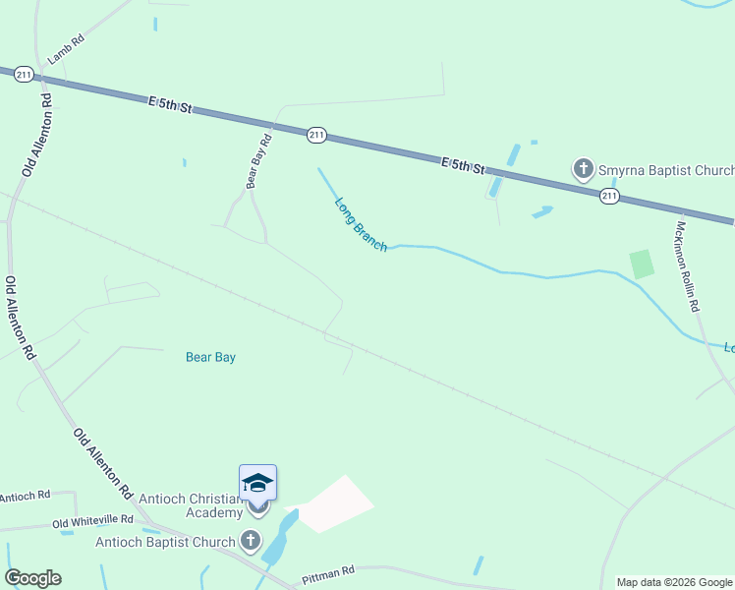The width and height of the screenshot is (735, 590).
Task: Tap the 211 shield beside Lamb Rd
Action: (25, 74)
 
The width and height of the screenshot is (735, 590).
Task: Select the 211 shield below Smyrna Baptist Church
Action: (609, 197)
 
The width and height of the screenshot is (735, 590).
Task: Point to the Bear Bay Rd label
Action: (258, 156)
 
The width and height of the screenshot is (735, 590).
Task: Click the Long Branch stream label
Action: (361, 225)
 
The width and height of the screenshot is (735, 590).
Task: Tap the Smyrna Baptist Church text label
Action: (666, 170)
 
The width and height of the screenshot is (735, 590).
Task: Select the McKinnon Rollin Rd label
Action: (687, 265)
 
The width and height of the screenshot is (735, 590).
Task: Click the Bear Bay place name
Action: (210, 357)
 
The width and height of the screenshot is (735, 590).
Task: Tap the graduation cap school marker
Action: (257, 483)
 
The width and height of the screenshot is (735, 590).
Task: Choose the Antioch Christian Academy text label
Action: (191, 505)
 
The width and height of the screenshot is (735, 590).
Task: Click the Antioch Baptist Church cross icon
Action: (251, 541)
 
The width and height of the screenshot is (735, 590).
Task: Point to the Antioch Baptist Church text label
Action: (165, 542)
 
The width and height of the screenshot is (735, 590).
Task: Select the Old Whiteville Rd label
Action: (92, 519)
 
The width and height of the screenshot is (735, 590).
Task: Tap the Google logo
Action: (32, 578)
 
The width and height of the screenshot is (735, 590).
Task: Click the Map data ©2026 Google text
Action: (673, 582)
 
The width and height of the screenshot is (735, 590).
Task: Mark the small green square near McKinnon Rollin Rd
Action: (642, 264)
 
